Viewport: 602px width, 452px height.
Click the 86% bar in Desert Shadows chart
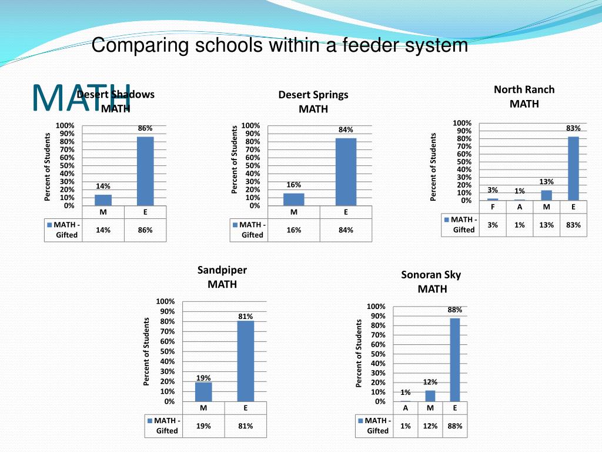tap(145, 171)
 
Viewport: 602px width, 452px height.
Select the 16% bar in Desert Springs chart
tap(294, 199)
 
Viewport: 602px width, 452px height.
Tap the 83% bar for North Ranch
tap(573, 168)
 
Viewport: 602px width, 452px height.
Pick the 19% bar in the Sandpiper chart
tap(203, 391)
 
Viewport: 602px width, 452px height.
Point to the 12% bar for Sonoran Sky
tap(430, 395)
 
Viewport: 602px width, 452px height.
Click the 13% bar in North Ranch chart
tap(547, 195)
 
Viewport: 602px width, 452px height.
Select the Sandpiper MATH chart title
tap(222, 277)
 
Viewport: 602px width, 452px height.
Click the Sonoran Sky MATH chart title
tap(432, 281)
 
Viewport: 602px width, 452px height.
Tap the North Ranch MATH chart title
tap(524, 97)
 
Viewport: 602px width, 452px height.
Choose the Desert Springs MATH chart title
tap(313, 101)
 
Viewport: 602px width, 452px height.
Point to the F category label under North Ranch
tap(493, 207)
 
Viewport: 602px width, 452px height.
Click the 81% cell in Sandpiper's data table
tap(246, 426)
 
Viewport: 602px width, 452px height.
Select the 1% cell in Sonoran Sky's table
tap(406, 426)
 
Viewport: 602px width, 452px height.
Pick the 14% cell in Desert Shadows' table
tap(103, 230)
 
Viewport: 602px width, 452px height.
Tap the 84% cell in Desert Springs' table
tap(346, 230)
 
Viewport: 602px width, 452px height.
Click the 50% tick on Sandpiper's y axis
tap(168, 351)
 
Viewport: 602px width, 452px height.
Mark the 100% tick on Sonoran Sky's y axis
tap(376, 307)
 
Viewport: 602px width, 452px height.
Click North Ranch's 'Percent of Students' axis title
tap(434, 167)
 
